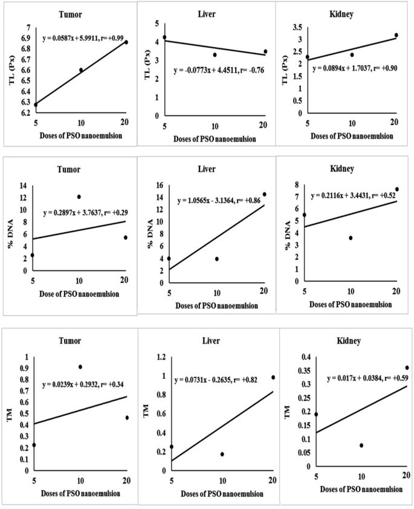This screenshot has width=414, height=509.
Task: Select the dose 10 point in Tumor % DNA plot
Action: point(79,196)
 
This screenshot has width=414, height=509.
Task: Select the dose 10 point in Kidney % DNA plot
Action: point(351,238)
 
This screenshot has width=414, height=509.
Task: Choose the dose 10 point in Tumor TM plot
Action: point(80,366)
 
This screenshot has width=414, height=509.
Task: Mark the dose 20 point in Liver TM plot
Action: point(273,377)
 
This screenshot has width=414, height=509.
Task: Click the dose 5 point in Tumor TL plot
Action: point(35,105)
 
